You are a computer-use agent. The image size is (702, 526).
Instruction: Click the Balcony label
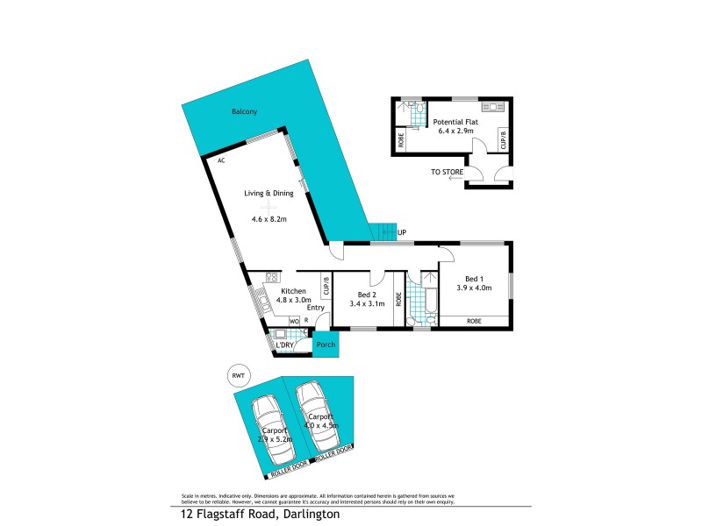point(245,111)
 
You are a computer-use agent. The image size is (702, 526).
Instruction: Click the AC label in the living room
point(222,161)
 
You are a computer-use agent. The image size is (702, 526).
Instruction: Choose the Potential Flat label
point(455,121)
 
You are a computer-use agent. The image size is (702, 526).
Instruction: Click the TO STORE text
point(446,173)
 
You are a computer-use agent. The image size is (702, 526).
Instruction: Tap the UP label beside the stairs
point(402,233)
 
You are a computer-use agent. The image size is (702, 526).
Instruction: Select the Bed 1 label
point(473,277)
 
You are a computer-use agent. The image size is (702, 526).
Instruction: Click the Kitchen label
point(292,291)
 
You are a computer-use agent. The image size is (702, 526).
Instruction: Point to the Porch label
point(326,345)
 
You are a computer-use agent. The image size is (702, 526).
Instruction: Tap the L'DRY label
point(284,345)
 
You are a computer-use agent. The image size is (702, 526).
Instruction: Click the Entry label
point(316,308)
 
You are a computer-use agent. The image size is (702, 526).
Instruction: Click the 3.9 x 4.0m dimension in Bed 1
point(474,287)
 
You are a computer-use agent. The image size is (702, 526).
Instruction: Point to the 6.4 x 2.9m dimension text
point(455,131)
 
